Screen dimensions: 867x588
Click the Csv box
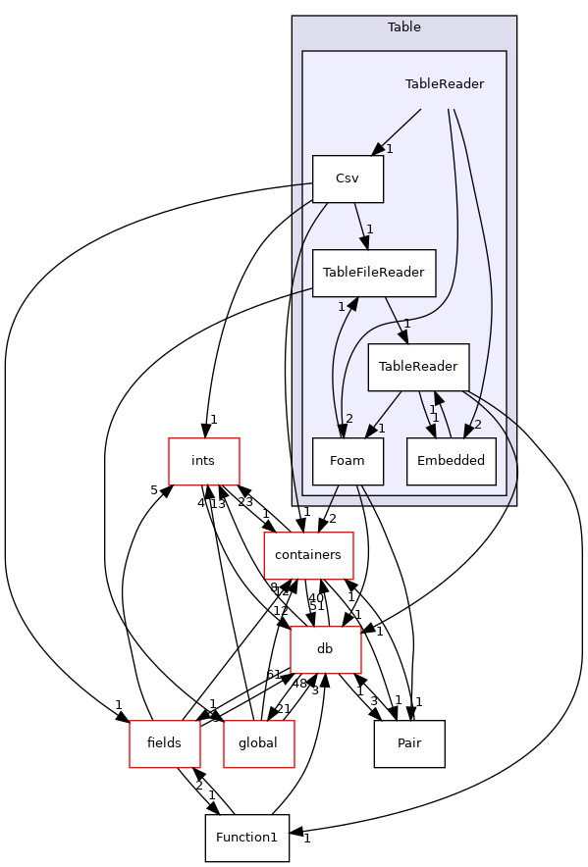pos(347,178)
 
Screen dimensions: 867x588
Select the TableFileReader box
pos(373,273)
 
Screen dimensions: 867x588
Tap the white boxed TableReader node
pos(418,367)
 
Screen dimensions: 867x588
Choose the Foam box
pos(347,461)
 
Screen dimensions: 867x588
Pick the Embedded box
pos(451,461)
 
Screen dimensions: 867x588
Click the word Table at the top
pos(403,27)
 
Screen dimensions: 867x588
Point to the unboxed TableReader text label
pos(444,84)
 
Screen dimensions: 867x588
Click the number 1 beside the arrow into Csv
pos(390,149)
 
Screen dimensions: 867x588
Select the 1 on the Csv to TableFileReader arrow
pos(370,229)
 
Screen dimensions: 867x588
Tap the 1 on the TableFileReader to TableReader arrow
pos(406,324)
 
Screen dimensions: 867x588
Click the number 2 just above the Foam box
pos(348,419)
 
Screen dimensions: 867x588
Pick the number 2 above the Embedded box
pos(477,424)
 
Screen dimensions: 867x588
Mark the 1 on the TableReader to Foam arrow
pos(381,429)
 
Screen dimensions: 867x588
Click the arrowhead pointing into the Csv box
pos(378,149)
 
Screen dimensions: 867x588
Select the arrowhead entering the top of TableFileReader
pos(363,241)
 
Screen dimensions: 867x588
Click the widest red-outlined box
pos(308,556)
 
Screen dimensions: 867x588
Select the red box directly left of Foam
pos(204,461)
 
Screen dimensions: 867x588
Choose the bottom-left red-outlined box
pos(165,744)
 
